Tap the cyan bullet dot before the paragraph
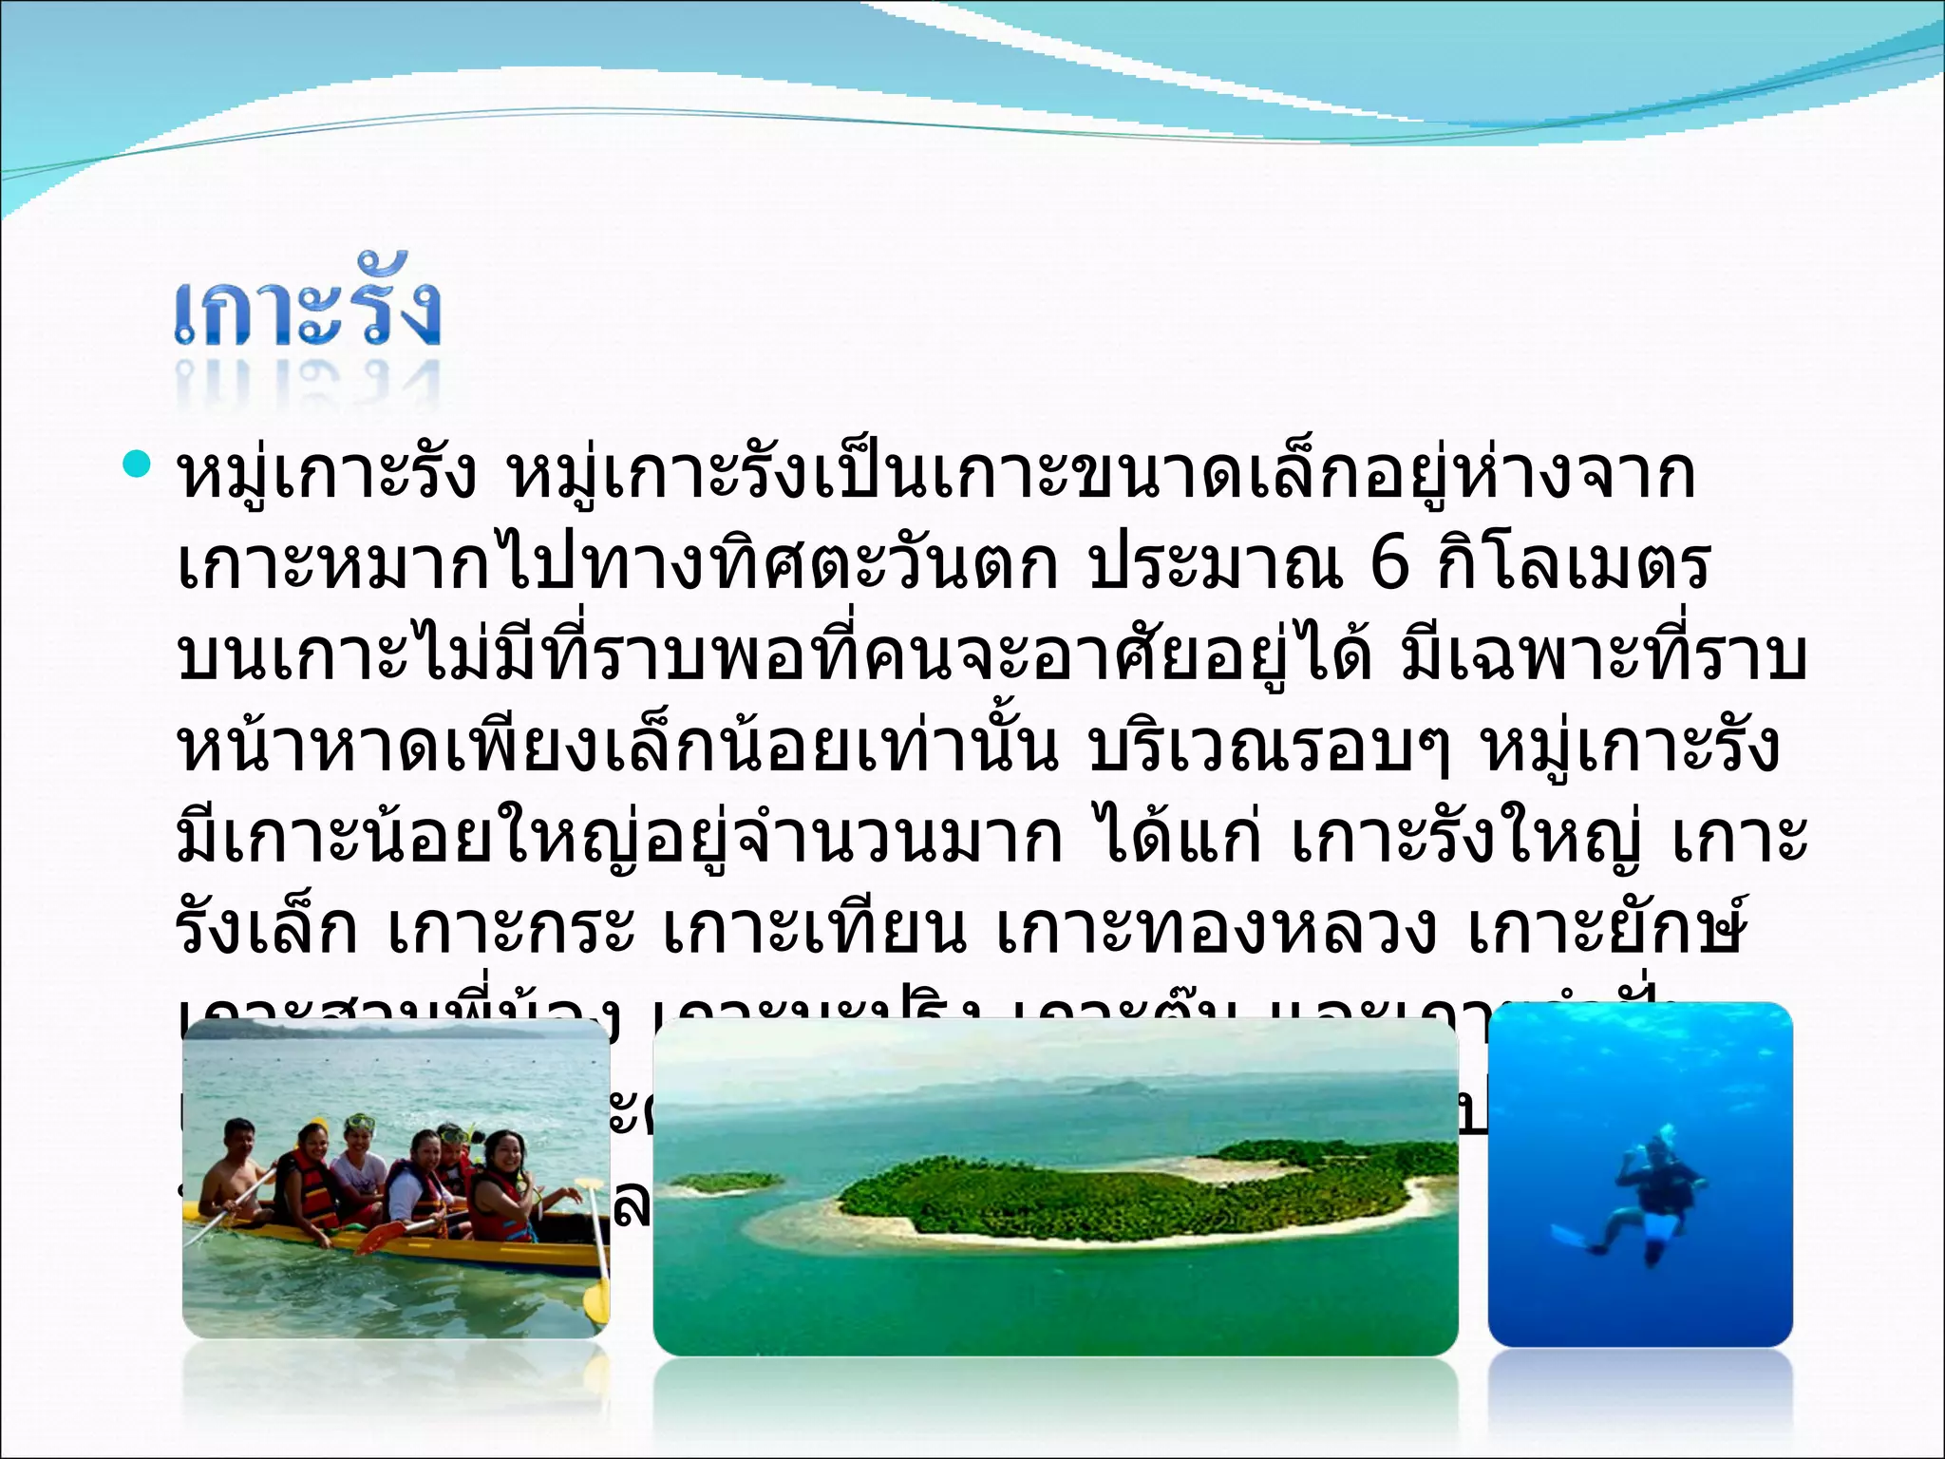point(139,464)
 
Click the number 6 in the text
point(1389,565)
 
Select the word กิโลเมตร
point(1574,565)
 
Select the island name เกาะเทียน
point(814,931)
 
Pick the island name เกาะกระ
point(511,931)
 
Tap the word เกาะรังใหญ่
point(1466,840)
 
